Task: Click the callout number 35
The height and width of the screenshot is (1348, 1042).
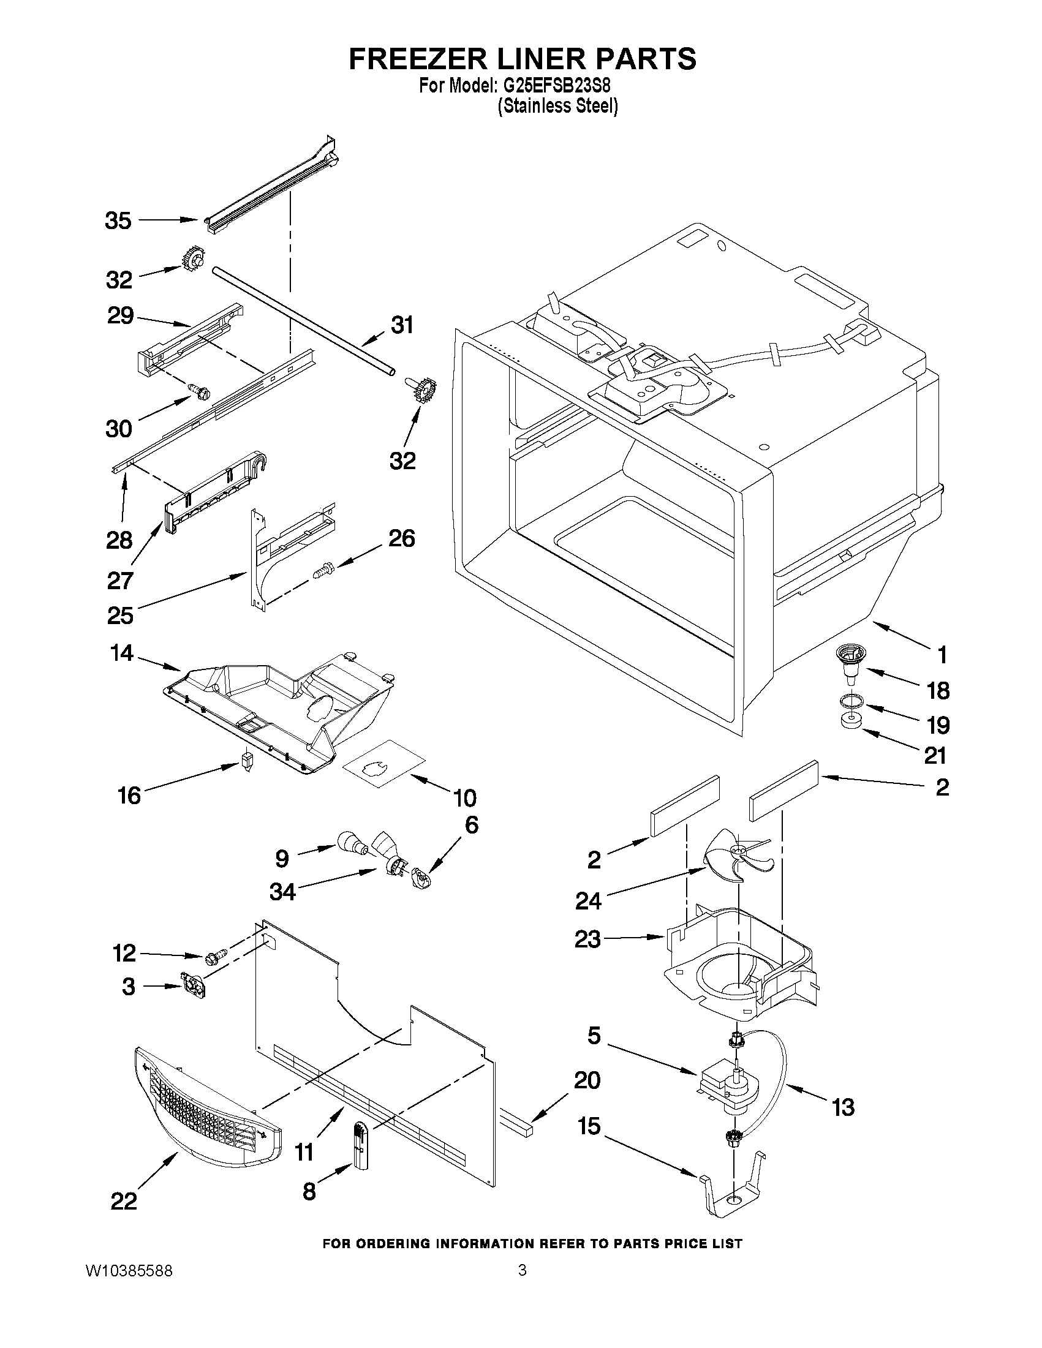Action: [x=118, y=220]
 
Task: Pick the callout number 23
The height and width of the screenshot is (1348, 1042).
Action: [x=587, y=939]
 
